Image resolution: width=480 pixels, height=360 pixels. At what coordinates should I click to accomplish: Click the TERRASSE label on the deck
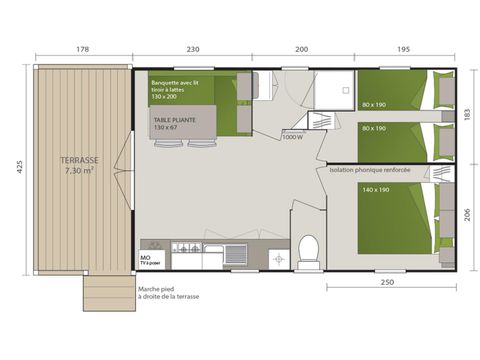(x=78, y=160)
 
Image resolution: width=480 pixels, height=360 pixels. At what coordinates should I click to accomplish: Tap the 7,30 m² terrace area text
(x=78, y=171)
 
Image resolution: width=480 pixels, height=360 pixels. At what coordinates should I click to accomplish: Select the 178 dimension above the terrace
(x=83, y=50)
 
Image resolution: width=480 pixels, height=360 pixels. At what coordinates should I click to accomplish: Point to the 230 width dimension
(x=193, y=50)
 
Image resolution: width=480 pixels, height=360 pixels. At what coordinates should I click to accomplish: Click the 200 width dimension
(x=301, y=50)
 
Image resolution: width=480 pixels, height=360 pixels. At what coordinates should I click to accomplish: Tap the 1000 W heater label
(x=293, y=137)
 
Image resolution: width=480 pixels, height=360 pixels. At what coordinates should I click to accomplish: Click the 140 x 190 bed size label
(x=376, y=189)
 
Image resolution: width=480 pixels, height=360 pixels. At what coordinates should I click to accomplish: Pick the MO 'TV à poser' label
(x=151, y=258)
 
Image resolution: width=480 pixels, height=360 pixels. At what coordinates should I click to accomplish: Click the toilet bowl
(x=309, y=245)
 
